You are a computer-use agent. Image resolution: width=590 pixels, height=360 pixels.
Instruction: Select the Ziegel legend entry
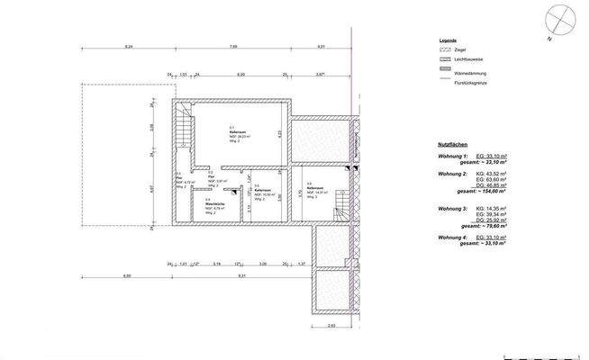[x=449, y=50]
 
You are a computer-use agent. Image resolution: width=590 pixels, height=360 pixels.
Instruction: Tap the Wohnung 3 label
[x=452, y=207]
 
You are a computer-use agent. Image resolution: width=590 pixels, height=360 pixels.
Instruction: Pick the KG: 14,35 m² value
[x=490, y=207]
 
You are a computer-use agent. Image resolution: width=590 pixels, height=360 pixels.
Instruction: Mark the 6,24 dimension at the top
[x=128, y=46]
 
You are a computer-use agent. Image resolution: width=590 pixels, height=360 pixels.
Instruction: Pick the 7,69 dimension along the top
[x=232, y=46]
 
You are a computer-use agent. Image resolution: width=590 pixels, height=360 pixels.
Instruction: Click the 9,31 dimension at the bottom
[x=243, y=275]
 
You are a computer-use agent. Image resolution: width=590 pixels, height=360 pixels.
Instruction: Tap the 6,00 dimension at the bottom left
[x=127, y=275]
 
